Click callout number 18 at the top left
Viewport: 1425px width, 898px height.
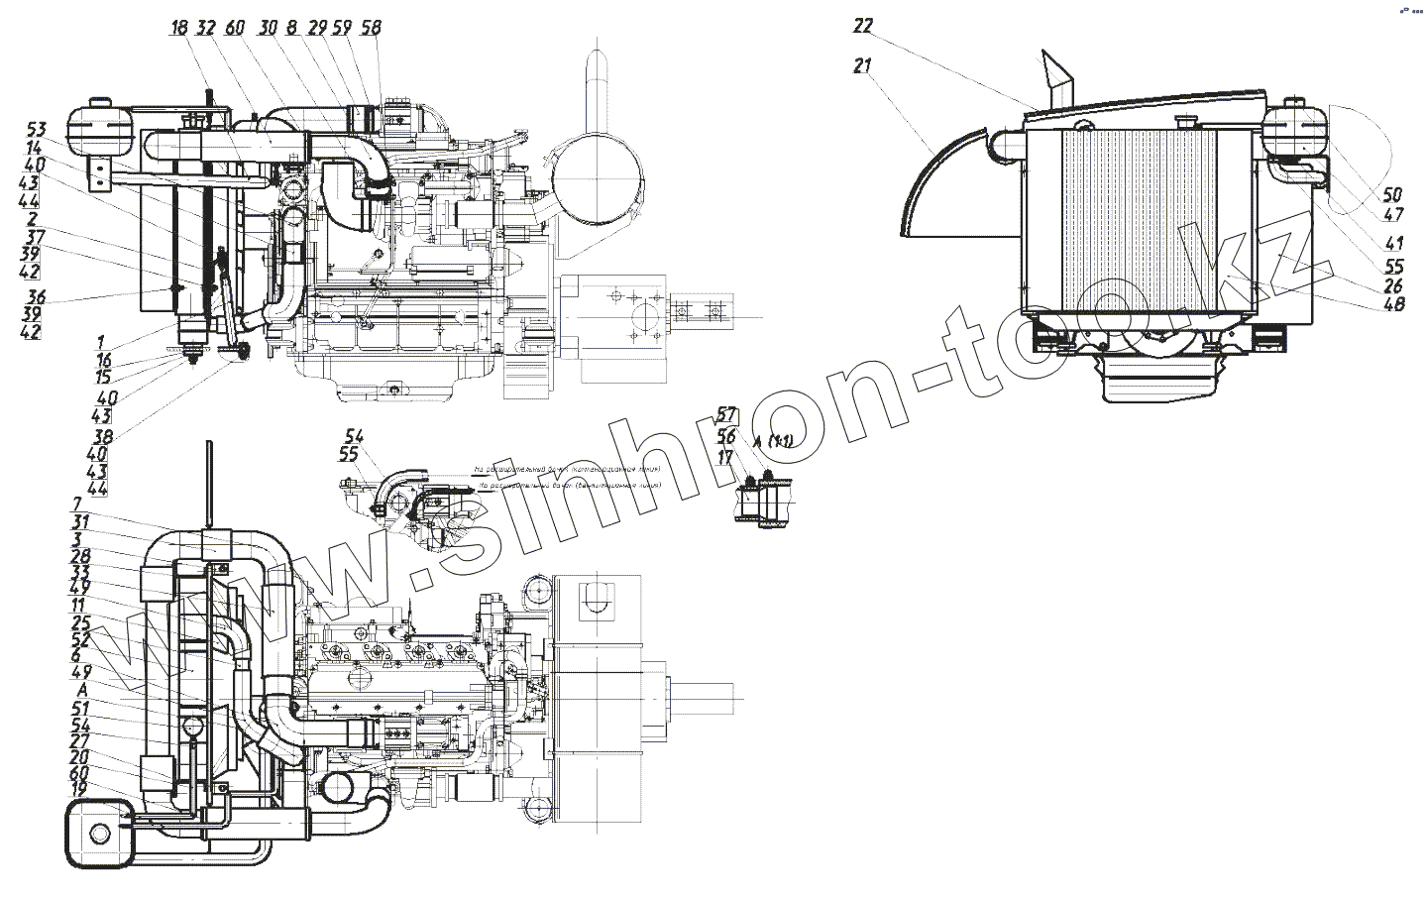coord(178,28)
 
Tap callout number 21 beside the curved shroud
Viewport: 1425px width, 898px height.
coord(862,66)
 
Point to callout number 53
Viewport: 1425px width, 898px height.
coord(37,130)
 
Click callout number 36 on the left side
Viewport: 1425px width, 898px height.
coord(36,296)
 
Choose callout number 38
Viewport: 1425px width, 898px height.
coord(100,435)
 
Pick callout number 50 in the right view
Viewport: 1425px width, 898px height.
coord(1393,193)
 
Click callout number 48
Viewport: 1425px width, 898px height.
coord(1393,306)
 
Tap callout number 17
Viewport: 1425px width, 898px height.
coord(726,457)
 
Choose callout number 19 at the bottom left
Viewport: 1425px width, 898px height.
coord(78,788)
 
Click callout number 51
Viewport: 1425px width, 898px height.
coord(79,708)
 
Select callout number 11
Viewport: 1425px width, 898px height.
coord(78,604)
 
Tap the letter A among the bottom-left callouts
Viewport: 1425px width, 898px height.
coord(80,689)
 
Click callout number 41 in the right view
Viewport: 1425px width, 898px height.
coord(1394,243)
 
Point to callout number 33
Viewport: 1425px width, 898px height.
coord(79,572)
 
